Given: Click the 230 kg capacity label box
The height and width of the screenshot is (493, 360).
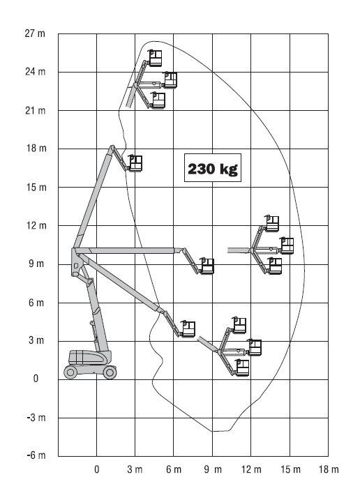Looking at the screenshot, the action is (213, 167).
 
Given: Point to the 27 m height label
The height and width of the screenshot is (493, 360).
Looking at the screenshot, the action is (35, 33).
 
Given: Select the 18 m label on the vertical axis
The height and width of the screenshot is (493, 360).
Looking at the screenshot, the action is (36, 148).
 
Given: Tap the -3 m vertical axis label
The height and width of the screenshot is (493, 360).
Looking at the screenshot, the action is (36, 418).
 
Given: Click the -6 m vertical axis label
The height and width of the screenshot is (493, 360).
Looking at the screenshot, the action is (36, 455).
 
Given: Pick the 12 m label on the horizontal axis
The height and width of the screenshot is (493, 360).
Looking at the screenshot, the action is (251, 469).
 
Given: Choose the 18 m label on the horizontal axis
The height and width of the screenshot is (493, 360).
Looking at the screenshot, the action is (329, 469).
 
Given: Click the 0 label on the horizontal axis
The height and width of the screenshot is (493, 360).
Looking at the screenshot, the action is (96, 469).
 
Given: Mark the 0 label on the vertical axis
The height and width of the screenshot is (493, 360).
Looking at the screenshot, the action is (36, 378).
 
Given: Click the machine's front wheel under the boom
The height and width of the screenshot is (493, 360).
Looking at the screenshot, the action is (110, 372).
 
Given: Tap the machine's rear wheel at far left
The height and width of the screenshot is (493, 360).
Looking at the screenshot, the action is (70, 372).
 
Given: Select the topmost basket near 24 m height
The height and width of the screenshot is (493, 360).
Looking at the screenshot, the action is (155, 58).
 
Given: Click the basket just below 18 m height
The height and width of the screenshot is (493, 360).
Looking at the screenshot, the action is (135, 163).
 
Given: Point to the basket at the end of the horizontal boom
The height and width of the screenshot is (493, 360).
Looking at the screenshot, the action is (207, 266).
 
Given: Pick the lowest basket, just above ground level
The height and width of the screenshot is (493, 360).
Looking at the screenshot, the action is (242, 367).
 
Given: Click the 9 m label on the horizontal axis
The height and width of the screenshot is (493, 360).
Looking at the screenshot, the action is (213, 469).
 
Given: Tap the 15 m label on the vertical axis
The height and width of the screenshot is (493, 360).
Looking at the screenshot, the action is (36, 188).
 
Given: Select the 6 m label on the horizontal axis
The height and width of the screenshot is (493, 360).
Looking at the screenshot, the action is (174, 469).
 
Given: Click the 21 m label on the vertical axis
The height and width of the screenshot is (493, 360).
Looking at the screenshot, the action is (36, 110).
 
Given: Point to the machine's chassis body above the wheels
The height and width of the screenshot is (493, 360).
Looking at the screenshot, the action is (90, 358).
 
